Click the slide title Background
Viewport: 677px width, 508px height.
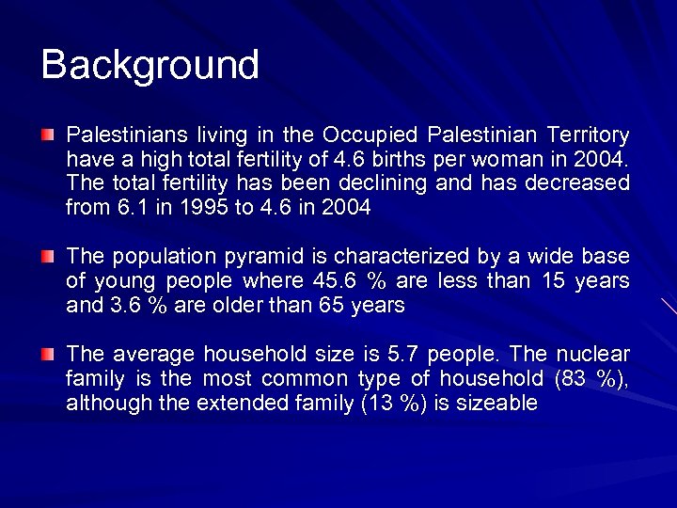pyautogui.click(x=150, y=65)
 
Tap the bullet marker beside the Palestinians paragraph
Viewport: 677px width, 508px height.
pyautogui.click(x=48, y=135)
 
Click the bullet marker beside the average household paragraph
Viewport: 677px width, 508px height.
pyautogui.click(x=48, y=355)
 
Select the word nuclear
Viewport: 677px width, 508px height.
pyautogui.click(x=593, y=355)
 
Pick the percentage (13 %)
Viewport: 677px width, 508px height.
pyautogui.click(x=396, y=404)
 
